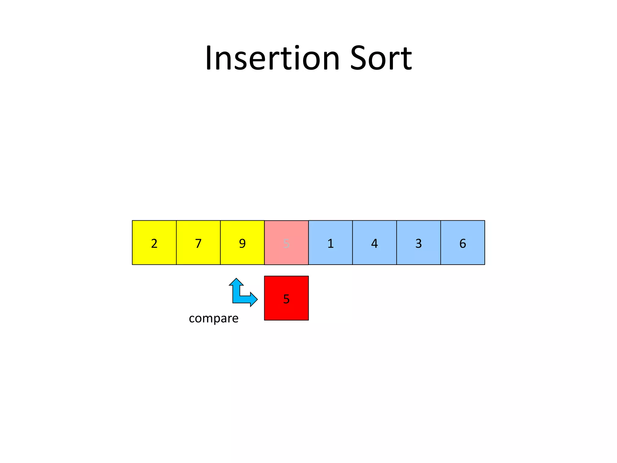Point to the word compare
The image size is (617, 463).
214,318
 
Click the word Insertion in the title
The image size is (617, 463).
272,58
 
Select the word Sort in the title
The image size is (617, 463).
381,58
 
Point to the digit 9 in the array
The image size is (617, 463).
242,243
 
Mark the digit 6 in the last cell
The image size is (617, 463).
462,243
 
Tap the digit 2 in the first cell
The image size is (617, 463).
154,243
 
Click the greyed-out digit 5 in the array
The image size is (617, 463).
286,243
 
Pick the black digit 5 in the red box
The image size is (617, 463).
286,299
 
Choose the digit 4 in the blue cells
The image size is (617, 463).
374,243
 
